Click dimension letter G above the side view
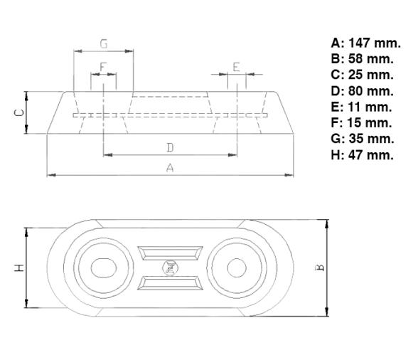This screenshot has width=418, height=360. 104,44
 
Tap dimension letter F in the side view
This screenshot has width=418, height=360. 103,67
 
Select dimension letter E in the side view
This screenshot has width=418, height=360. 237,67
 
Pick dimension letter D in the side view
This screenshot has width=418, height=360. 170,147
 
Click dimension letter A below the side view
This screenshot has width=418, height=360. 169,167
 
